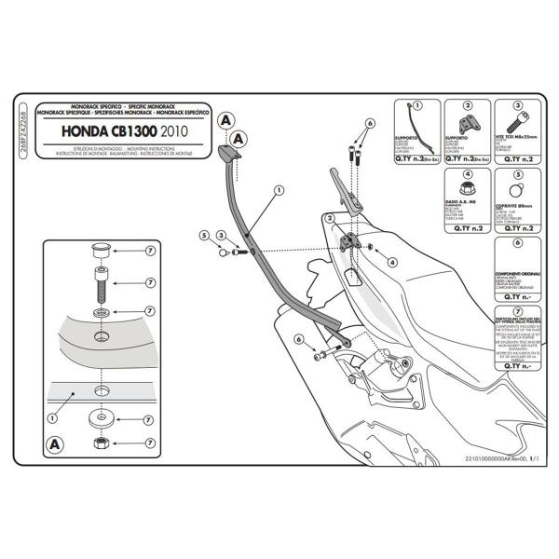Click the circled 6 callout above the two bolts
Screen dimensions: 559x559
click(x=369, y=123)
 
